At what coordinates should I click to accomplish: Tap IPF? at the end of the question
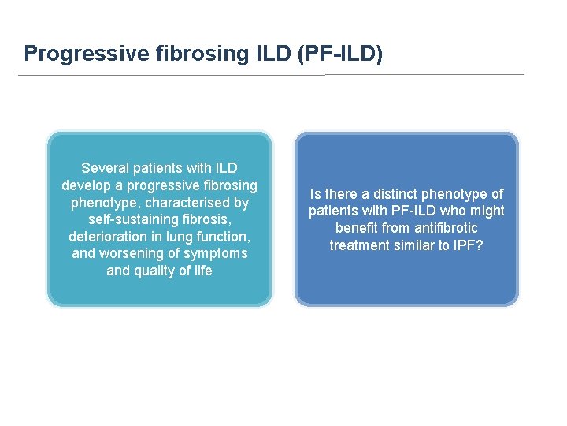pyautogui.click(x=469, y=245)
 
